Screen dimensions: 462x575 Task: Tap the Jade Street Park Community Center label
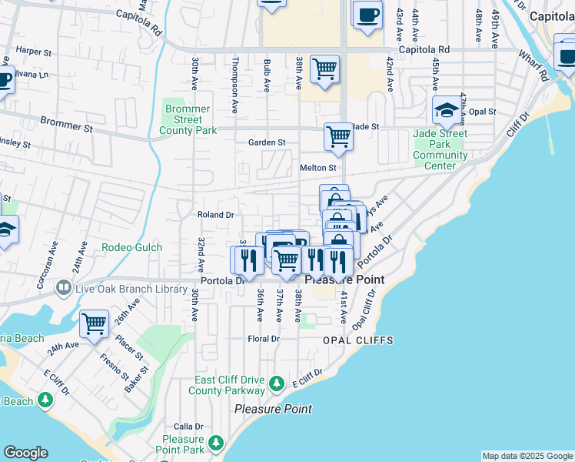(x=440, y=149)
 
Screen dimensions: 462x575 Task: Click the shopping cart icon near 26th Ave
(x=94, y=324)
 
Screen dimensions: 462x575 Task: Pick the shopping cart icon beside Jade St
(x=338, y=138)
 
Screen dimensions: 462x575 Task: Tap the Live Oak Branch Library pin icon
(x=65, y=290)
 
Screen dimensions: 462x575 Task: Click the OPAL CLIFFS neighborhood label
(x=357, y=340)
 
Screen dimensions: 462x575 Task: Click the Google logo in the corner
(x=25, y=453)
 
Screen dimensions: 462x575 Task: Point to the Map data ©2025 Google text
(x=527, y=456)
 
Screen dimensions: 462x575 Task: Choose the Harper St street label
(x=32, y=51)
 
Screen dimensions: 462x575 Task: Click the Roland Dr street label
(x=215, y=215)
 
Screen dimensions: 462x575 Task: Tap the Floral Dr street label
(x=263, y=339)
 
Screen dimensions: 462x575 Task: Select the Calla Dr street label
(x=188, y=426)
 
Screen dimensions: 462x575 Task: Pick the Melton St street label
(x=317, y=167)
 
